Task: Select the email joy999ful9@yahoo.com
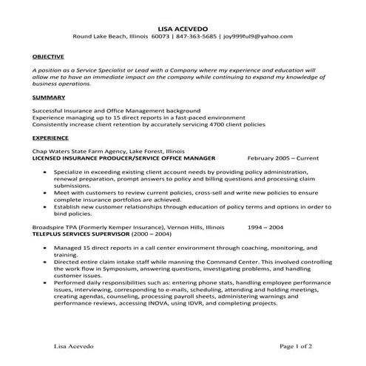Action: pyautogui.click(x=259, y=36)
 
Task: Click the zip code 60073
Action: pyautogui.click(x=160, y=36)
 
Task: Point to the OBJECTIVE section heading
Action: pyautogui.click(x=48, y=56)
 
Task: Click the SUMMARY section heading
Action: pyautogui.click(x=47, y=97)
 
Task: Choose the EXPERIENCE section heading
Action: pyautogui.click(x=50, y=137)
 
